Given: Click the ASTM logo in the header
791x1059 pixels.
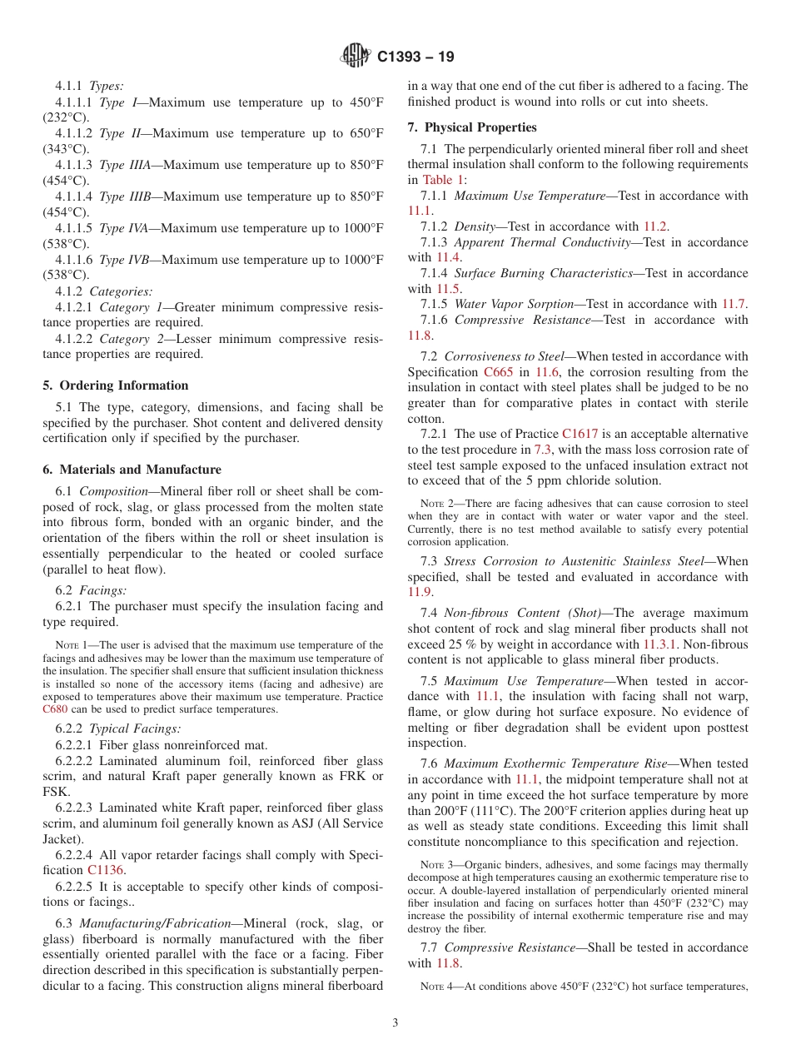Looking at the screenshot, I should point(356,57).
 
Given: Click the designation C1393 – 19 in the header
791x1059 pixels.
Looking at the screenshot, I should point(415,57).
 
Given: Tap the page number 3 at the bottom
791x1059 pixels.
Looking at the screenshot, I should point(395,1022).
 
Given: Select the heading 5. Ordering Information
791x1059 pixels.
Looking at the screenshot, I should point(116,385).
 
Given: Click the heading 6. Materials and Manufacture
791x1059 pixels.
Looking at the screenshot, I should point(132,470).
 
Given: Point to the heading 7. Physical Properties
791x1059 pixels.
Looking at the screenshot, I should point(472,127).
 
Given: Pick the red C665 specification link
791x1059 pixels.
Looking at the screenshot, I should point(499,372).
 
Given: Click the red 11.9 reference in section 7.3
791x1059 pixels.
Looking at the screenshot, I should point(420,593).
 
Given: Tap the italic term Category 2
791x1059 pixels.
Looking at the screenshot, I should point(131,338).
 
